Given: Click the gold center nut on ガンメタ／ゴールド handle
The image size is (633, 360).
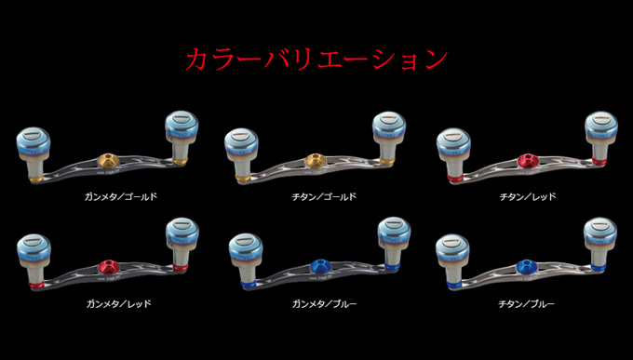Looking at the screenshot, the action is (x=107, y=159).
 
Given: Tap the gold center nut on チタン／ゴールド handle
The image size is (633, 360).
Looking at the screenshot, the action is (x=316, y=159).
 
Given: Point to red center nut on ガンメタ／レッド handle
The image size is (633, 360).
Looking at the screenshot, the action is (x=107, y=266).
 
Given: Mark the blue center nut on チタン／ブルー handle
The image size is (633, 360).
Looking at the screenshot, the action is (x=526, y=267).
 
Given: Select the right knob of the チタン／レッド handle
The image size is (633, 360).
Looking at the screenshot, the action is (x=600, y=135).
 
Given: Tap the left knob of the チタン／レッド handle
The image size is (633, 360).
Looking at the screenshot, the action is (x=453, y=146).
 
